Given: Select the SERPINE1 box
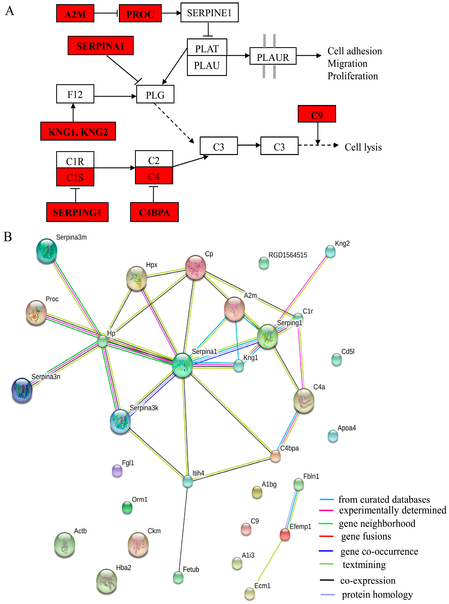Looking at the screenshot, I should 209,13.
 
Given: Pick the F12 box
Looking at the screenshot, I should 75,94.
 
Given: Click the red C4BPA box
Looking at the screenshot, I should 154,212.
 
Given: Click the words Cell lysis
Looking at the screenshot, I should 363,147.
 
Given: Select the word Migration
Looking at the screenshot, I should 347,63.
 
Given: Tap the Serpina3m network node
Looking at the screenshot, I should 47,251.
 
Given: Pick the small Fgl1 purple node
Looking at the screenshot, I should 117,471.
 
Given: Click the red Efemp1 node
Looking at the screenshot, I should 285,535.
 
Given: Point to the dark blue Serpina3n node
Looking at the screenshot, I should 22,390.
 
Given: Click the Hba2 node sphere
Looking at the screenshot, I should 107,581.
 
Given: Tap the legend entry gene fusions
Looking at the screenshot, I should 366,536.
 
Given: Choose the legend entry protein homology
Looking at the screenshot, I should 377,594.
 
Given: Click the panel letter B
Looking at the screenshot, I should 8,237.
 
